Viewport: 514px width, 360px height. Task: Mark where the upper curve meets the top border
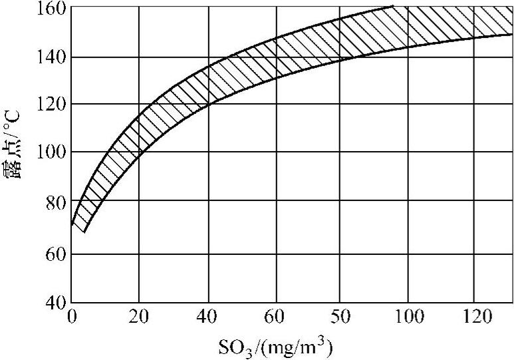point(394,7)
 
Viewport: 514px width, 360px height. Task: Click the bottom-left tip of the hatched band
point(84,232)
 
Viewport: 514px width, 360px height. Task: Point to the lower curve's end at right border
point(512,35)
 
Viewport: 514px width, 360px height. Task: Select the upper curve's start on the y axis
point(71,224)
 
